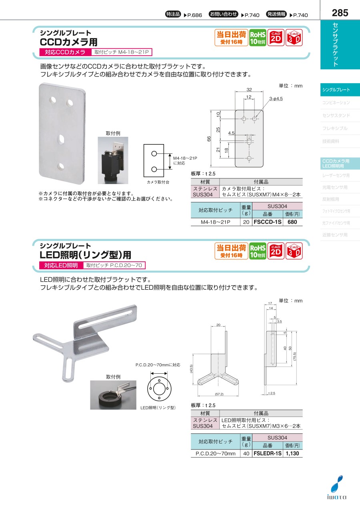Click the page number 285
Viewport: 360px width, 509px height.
tap(340, 13)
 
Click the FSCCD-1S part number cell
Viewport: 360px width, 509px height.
tap(267, 222)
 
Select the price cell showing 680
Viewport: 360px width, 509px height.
tap(292, 222)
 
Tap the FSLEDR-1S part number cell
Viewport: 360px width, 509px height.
tap(267, 453)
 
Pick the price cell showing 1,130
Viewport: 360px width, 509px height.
tap(292, 453)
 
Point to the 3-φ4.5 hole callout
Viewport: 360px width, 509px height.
tap(276, 98)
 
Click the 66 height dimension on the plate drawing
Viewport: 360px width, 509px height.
tap(209, 138)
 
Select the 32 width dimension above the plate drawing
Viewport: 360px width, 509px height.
tap(249, 90)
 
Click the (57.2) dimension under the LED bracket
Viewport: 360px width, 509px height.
tap(219, 394)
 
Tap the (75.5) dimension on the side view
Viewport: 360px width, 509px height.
tap(294, 356)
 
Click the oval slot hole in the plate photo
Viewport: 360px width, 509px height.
tap(61, 139)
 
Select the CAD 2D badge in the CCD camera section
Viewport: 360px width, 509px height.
tap(276, 38)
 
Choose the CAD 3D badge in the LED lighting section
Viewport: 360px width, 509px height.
tap(294, 251)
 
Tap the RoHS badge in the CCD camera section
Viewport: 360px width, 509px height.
tap(258, 38)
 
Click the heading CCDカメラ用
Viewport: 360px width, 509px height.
tap(68, 42)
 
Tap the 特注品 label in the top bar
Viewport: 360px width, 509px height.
tap(173, 14)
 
